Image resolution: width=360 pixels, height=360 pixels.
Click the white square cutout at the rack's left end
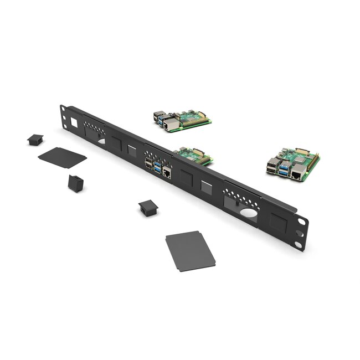point(74,122)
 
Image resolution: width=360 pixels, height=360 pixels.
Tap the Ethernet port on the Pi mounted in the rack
point(167,173)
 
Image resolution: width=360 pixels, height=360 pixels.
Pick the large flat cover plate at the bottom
point(190,251)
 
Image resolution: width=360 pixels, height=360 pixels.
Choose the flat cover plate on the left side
point(62,157)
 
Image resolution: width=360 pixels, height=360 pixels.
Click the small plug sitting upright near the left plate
point(75,183)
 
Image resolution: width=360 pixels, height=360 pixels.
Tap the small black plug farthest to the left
point(35,139)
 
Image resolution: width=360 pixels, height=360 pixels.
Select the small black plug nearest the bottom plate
point(148,208)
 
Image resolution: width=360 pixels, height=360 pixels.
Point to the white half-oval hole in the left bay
point(101,142)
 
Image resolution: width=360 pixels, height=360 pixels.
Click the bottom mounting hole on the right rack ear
point(298,244)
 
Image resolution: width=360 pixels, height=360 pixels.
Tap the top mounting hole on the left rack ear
point(64,108)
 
